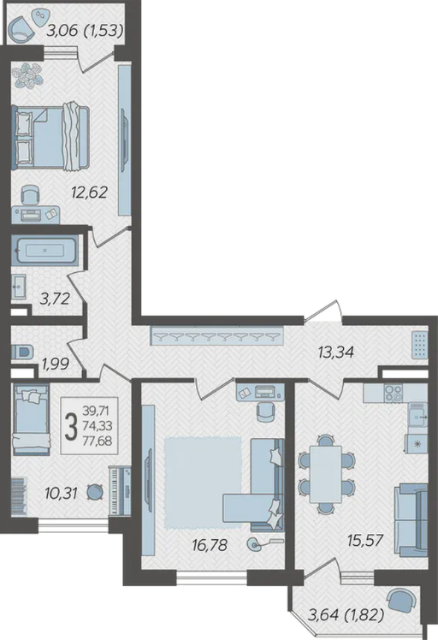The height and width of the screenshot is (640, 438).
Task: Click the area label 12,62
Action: tap(89, 191)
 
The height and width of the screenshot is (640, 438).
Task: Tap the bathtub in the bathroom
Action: tap(44, 250)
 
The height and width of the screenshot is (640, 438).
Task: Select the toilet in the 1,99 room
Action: tap(21, 352)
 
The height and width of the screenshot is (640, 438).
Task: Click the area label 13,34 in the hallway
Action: tap(336, 351)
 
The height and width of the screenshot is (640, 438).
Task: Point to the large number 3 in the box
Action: tap(72, 426)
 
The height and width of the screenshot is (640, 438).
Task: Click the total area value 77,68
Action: tap(98, 441)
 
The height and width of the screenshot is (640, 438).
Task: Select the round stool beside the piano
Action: tap(95, 492)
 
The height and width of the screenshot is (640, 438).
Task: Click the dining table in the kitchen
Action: tap(325, 474)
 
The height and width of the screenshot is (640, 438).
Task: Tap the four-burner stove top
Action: tap(394, 393)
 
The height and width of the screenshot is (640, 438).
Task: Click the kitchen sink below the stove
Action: tap(417, 415)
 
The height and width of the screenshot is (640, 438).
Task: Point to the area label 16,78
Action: tap(210, 544)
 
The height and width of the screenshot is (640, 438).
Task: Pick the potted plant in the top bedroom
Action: tap(27, 75)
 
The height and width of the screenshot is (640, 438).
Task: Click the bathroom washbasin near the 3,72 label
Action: tap(19, 286)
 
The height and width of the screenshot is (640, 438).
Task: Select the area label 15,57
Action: tap(365, 541)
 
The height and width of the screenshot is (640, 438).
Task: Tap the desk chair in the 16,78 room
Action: tap(266, 412)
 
